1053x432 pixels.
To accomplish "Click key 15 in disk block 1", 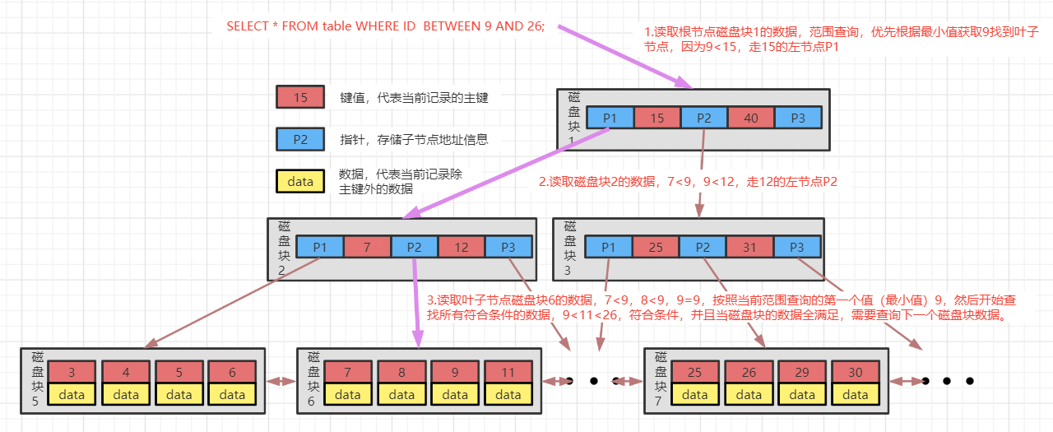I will pyautogui.click(x=657, y=118).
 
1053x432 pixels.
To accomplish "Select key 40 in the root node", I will pyautogui.click(x=751, y=118).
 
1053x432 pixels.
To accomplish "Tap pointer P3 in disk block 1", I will pyautogui.click(x=798, y=118).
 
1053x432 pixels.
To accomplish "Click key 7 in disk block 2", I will pyautogui.click(x=367, y=247).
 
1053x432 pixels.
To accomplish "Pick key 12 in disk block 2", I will pyautogui.click(x=462, y=247).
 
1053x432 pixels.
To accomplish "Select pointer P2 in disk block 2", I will pyautogui.click(x=414, y=247).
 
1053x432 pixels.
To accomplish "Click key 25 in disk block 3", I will pyautogui.click(x=656, y=247).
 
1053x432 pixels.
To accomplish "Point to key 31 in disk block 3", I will pyautogui.click(x=749, y=247).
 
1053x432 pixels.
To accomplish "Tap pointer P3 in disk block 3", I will pyautogui.click(x=796, y=247).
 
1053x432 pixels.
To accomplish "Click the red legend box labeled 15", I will pyautogui.click(x=300, y=98).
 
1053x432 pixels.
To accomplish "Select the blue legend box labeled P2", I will pyautogui.click(x=300, y=139).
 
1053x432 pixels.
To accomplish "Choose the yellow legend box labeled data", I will pyautogui.click(x=300, y=181).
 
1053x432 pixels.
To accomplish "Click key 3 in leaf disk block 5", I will pyautogui.click(x=72, y=373).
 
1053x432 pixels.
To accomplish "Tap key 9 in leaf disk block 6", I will pyautogui.click(x=455, y=373).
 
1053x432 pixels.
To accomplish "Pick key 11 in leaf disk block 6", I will pyautogui.click(x=508, y=373).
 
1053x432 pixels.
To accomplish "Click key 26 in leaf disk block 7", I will pyautogui.click(x=749, y=373).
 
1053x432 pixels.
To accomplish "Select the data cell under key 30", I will pyautogui.click(x=856, y=395).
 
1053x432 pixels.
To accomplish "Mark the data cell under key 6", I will pyautogui.click(x=232, y=395).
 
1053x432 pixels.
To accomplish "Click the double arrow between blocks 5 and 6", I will pyautogui.click(x=281, y=381).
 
